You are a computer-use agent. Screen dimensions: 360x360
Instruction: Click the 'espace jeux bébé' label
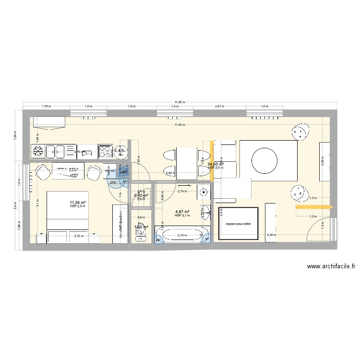click(238, 223)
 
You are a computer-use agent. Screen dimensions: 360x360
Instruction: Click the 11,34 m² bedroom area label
click(78, 203)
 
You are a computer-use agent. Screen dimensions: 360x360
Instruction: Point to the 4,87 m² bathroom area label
click(183, 212)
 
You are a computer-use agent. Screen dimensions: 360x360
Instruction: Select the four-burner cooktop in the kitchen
click(106, 152)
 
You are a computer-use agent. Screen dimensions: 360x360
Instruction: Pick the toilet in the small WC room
click(141, 234)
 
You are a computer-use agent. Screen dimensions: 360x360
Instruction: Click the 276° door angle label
click(113, 182)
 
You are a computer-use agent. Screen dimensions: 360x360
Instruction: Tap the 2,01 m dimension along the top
click(220, 106)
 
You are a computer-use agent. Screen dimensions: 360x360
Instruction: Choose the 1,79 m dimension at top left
click(46, 106)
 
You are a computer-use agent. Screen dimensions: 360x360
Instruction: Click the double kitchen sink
click(59, 152)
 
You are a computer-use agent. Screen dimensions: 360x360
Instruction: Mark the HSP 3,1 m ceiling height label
click(183, 216)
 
